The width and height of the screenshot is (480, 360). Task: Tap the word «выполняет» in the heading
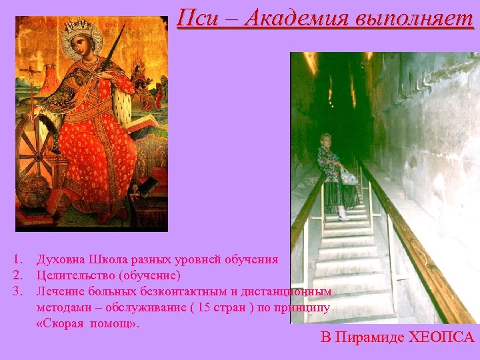click(414, 18)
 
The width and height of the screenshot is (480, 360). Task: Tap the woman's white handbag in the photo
click(348, 176)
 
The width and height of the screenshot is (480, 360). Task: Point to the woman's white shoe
click(343, 216)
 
